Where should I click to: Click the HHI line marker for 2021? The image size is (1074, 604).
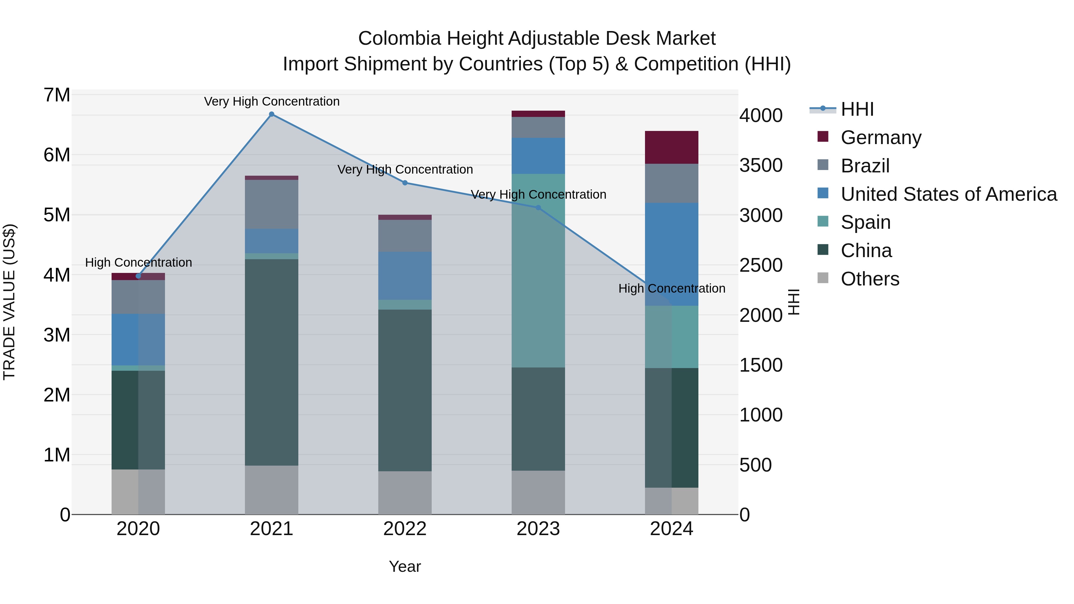[271, 114]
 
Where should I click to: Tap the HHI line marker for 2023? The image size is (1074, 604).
[538, 208]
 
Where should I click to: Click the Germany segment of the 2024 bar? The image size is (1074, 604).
[671, 147]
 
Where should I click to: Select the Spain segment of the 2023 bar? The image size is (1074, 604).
[538, 271]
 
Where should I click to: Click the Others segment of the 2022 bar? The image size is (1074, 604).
[405, 493]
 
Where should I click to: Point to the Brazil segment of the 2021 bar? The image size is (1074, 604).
[271, 204]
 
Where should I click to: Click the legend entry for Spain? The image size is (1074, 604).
[865, 222]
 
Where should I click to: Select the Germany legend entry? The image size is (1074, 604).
[881, 138]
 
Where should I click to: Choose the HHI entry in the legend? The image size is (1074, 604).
[857, 109]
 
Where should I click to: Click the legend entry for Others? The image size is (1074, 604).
[870, 279]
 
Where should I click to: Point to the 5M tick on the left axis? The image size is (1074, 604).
[57, 215]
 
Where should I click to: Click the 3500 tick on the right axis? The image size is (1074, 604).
[761, 166]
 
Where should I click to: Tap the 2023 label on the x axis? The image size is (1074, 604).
[538, 529]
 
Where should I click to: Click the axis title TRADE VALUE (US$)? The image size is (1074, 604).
[9, 302]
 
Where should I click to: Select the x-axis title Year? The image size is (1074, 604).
[405, 566]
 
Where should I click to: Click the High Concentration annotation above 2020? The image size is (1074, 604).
[138, 262]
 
